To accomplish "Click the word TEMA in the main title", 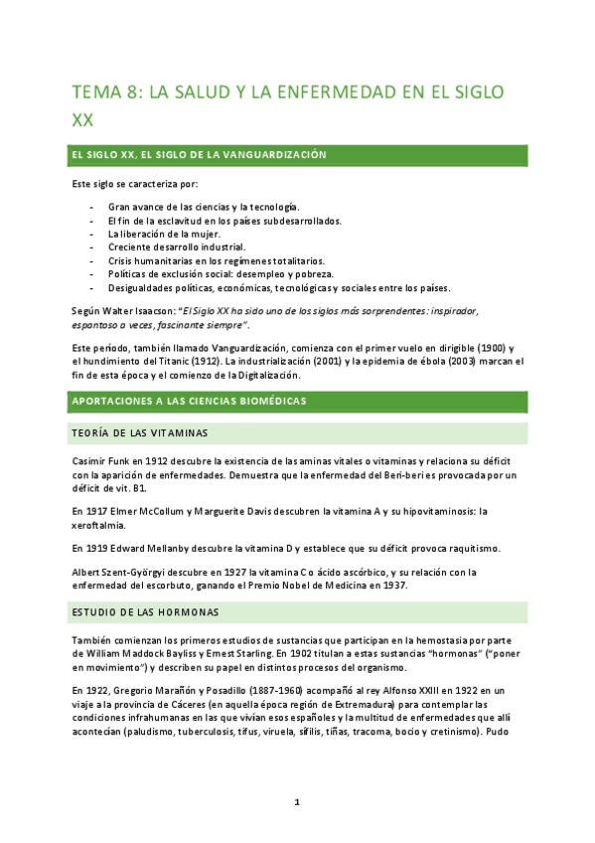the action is pos(96,92).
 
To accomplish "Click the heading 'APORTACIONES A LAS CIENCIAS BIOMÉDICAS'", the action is pos(188,401).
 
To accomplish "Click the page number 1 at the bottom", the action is pos(297,800).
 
